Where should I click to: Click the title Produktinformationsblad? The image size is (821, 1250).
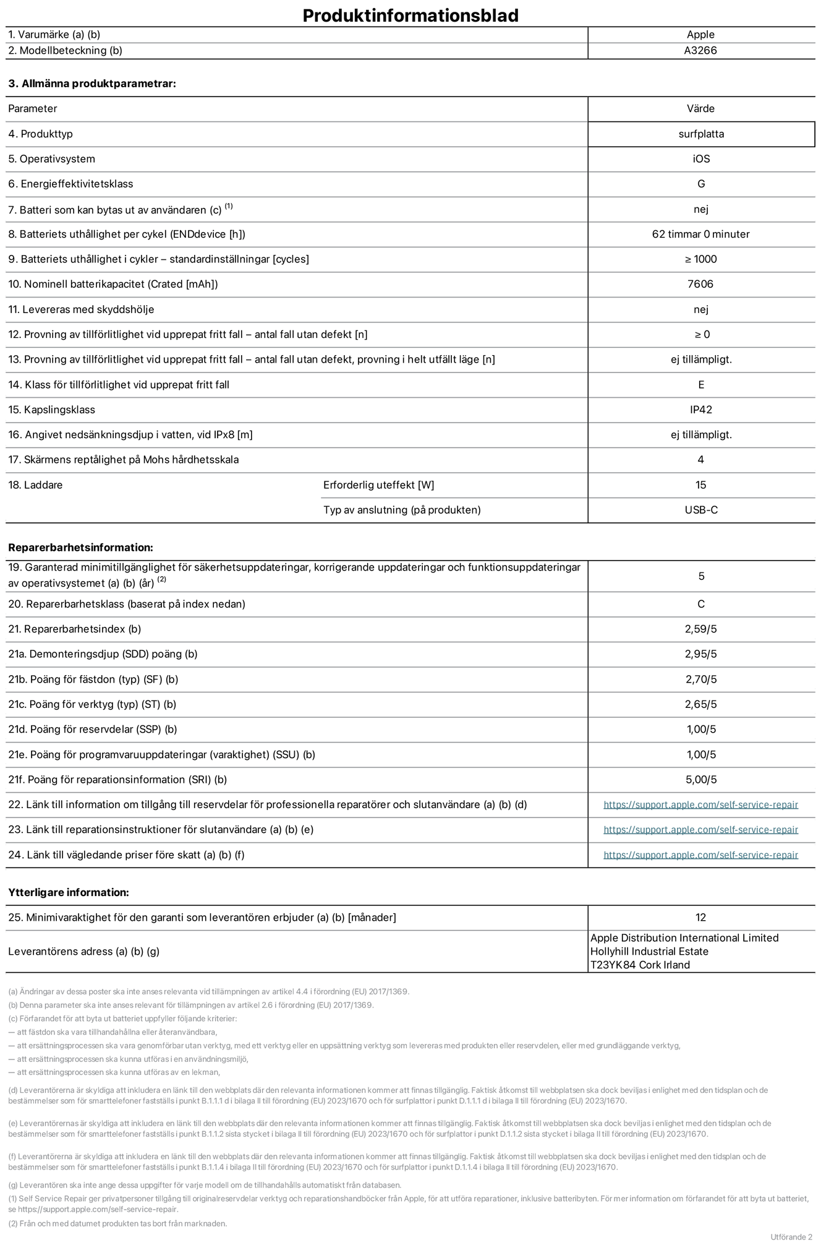click(410, 15)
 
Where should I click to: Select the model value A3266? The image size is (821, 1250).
click(700, 51)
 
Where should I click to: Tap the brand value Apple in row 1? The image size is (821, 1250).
click(700, 35)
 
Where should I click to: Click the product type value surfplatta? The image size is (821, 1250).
click(700, 134)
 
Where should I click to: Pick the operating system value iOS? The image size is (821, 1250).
click(700, 159)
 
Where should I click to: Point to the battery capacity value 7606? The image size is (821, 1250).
click(700, 284)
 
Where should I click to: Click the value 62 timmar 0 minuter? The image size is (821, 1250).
click(700, 234)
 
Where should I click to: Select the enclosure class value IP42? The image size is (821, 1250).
click(700, 410)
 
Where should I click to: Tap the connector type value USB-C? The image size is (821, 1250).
click(700, 510)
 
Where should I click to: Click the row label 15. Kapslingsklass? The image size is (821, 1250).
click(52, 410)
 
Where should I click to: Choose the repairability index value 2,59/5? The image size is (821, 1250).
click(700, 629)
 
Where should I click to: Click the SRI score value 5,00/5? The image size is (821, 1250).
click(700, 780)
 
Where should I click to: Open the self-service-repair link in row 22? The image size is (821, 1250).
click(700, 804)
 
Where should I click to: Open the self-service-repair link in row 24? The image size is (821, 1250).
click(700, 855)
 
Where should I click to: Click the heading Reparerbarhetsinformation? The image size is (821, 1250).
click(80, 548)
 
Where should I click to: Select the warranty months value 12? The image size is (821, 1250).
click(700, 917)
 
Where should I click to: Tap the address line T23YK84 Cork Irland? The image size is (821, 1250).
click(640, 965)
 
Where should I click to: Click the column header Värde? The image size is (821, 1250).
click(700, 108)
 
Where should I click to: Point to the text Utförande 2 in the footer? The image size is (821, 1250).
click(791, 1237)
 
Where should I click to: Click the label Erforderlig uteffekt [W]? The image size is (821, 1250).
click(378, 485)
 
